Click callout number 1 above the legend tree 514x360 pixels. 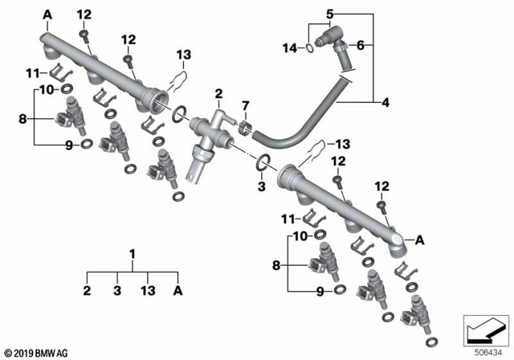[x=132, y=254]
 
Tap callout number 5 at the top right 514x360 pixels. [x=329, y=14]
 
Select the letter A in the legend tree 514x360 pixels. [x=177, y=291]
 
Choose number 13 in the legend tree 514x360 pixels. [x=147, y=291]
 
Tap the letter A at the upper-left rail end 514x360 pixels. [x=45, y=14]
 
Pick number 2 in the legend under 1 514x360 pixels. [x=88, y=291]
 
